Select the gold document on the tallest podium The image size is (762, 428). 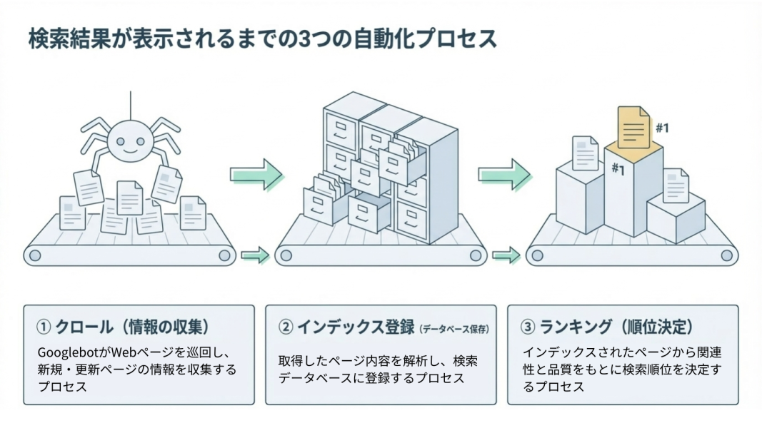(x=634, y=128)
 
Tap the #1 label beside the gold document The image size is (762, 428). (x=662, y=128)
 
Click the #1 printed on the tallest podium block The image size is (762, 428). (x=618, y=169)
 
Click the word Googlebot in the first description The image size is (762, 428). (x=67, y=353)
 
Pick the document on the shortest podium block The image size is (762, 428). (x=675, y=185)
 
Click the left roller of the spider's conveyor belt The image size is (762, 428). (x=34, y=255)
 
